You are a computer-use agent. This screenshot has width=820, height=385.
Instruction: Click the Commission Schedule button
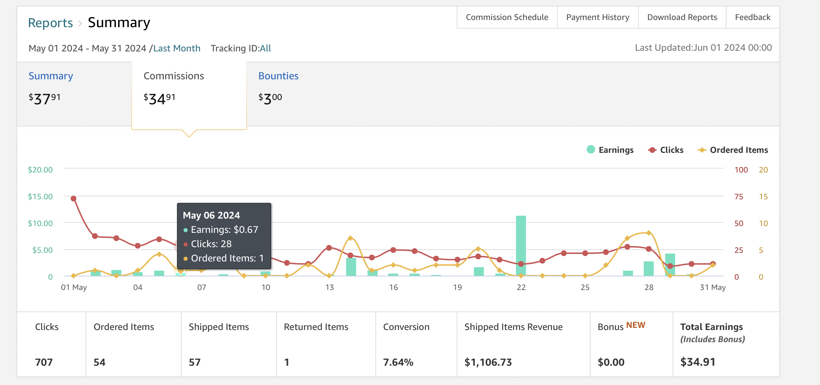pos(507,17)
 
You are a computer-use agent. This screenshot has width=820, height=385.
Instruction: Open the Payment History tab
pos(598,17)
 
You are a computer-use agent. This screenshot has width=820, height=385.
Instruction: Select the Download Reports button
pos(682,17)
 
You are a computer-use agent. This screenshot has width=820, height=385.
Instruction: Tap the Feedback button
pos(753,17)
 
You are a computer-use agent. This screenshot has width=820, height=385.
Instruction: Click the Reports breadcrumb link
pos(50,23)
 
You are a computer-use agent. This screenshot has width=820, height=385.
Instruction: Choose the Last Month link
pos(177,48)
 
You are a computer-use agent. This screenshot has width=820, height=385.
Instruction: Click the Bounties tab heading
pos(278,76)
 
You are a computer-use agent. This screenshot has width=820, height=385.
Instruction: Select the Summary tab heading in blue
pos(51,76)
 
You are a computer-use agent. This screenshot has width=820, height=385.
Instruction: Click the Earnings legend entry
pos(610,150)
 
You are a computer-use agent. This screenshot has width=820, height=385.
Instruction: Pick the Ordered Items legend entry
pos(733,150)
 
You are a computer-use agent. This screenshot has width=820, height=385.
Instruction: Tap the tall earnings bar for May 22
pos(521,246)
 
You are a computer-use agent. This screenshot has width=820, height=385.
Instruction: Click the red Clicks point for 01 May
pos(74,199)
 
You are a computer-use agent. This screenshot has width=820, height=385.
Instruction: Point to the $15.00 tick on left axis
pos(40,196)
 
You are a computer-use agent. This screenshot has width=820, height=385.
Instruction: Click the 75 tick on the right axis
pos(739,196)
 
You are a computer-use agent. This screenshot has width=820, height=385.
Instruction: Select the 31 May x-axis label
pos(713,287)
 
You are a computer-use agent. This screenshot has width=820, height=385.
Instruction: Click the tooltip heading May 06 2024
pos(211,215)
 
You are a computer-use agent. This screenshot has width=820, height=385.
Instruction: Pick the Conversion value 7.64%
pos(398,362)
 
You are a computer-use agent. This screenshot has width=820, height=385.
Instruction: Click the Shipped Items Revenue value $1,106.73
pos(488,362)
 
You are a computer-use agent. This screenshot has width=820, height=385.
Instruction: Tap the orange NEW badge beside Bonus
pos(636,325)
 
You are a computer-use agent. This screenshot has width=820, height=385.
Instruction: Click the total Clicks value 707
pos(44,362)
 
